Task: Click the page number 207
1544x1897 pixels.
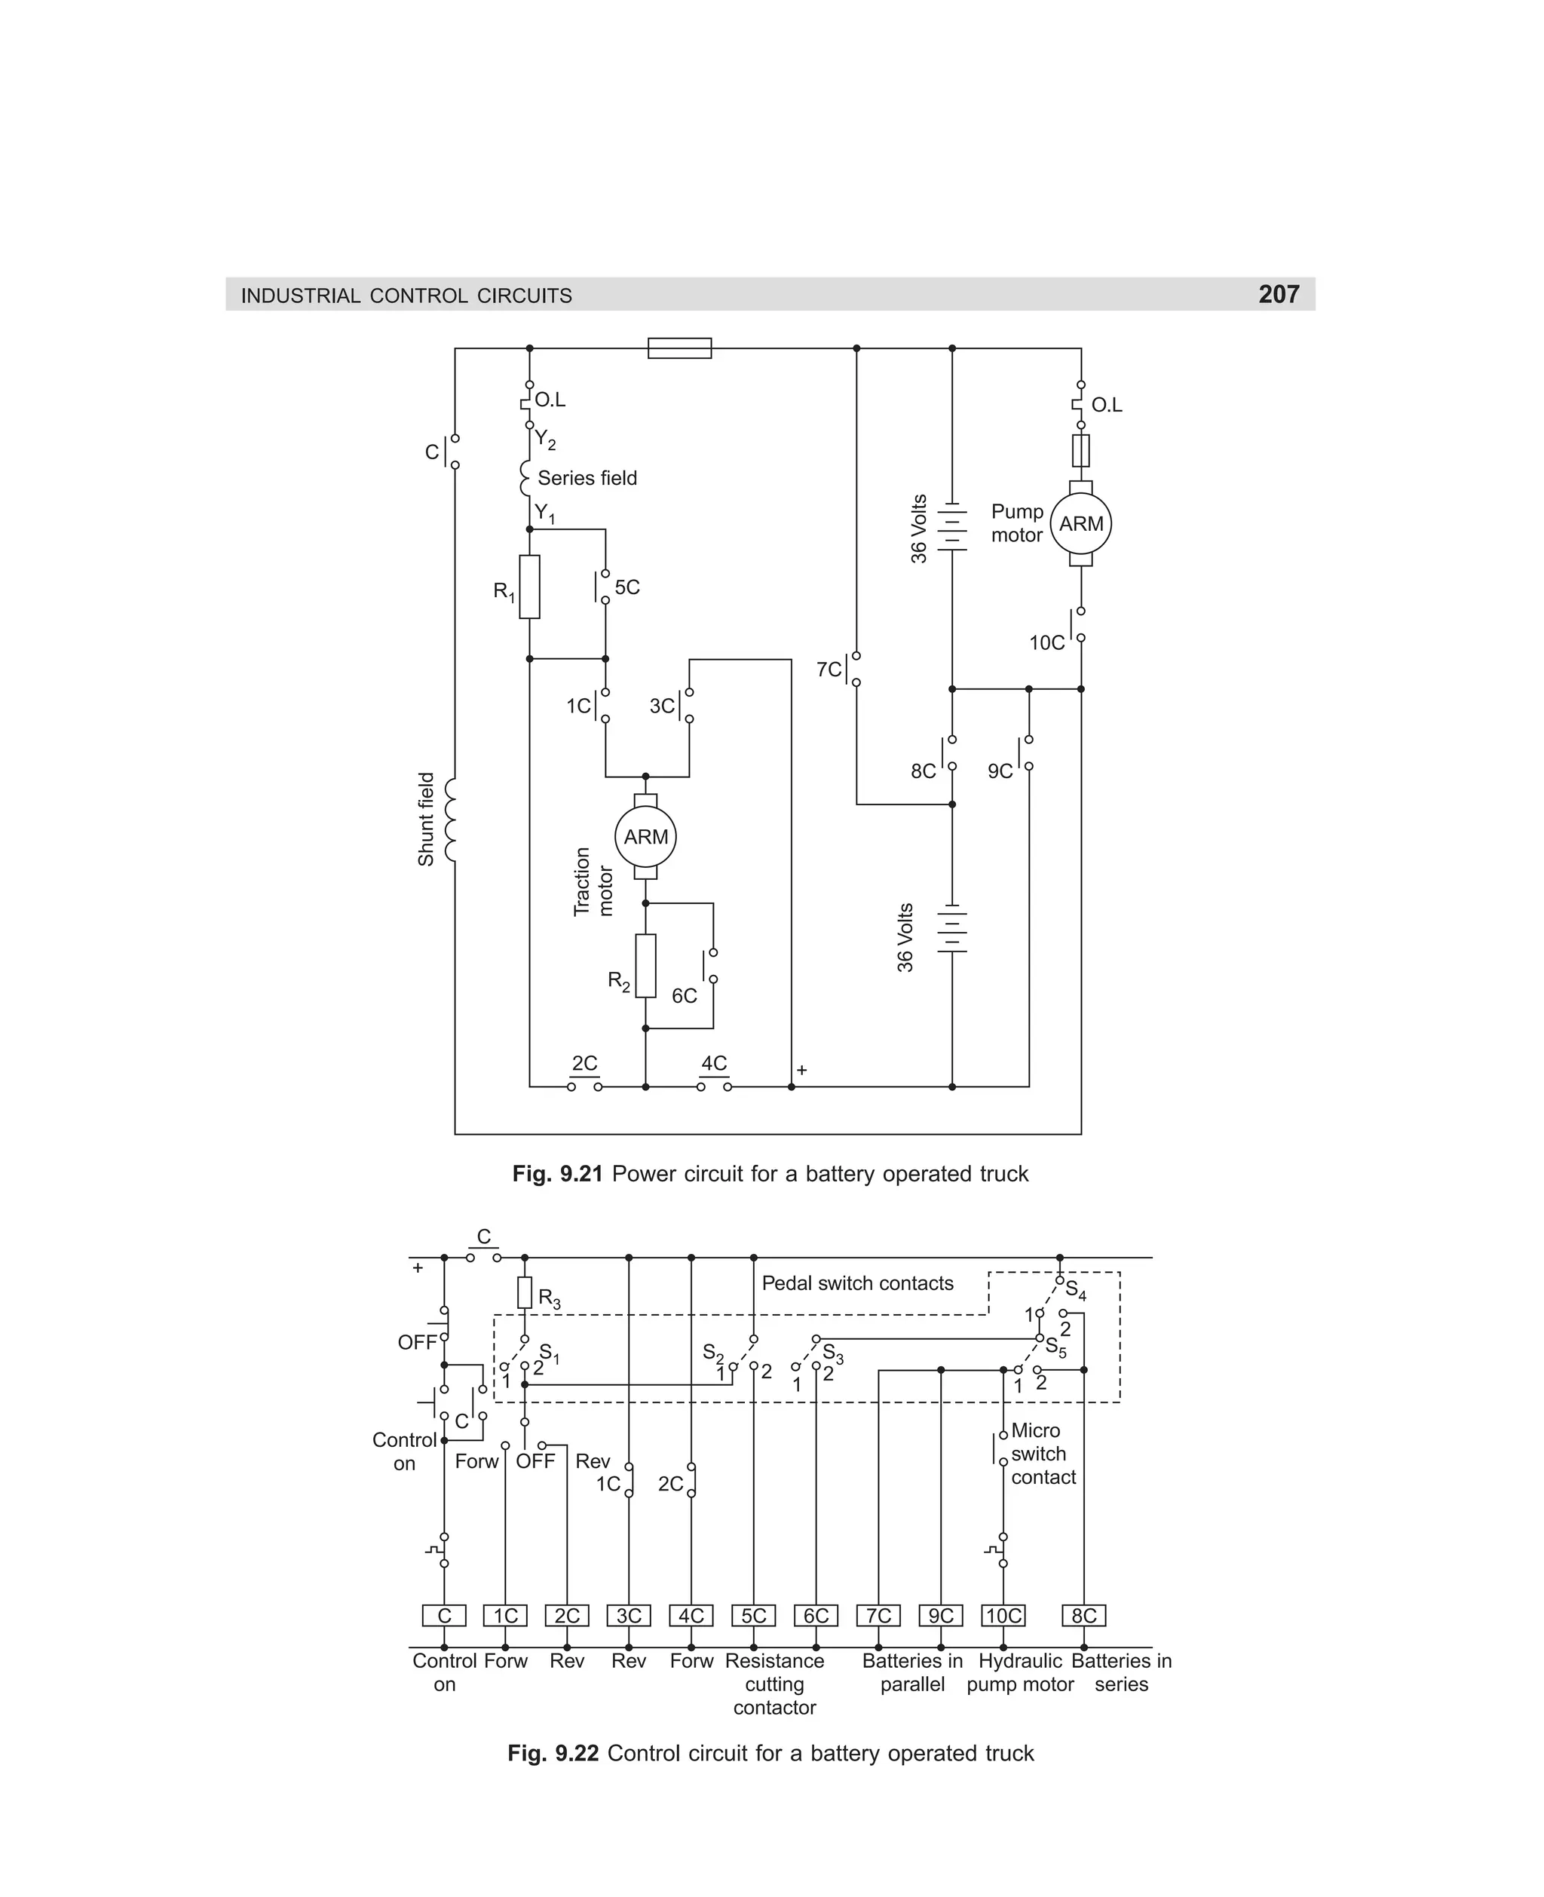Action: click(1278, 294)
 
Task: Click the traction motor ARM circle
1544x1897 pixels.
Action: click(645, 837)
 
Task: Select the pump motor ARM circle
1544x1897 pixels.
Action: click(1080, 524)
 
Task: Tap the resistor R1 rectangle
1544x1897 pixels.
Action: click(529, 587)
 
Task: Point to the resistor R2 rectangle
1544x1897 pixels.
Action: click(645, 966)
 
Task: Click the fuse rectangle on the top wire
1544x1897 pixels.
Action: click(679, 348)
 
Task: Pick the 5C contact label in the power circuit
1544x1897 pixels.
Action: click(627, 588)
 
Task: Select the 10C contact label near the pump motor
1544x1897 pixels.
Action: click(1047, 643)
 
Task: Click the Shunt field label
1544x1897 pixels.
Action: click(426, 819)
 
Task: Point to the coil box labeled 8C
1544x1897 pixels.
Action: click(1083, 1616)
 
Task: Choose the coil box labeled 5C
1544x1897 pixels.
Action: click(753, 1616)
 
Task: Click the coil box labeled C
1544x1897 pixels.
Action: click(444, 1616)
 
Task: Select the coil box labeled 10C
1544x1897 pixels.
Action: click(1003, 1616)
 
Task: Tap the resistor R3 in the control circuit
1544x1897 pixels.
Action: click(525, 1293)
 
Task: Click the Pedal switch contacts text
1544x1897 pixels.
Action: click(857, 1283)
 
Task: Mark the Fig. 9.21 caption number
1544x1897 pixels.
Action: click(558, 1174)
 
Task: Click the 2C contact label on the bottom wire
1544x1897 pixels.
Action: click(584, 1064)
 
